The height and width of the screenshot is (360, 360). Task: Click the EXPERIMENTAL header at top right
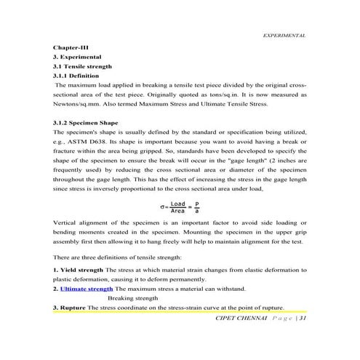283,35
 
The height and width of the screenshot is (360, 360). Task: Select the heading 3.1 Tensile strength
83,65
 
